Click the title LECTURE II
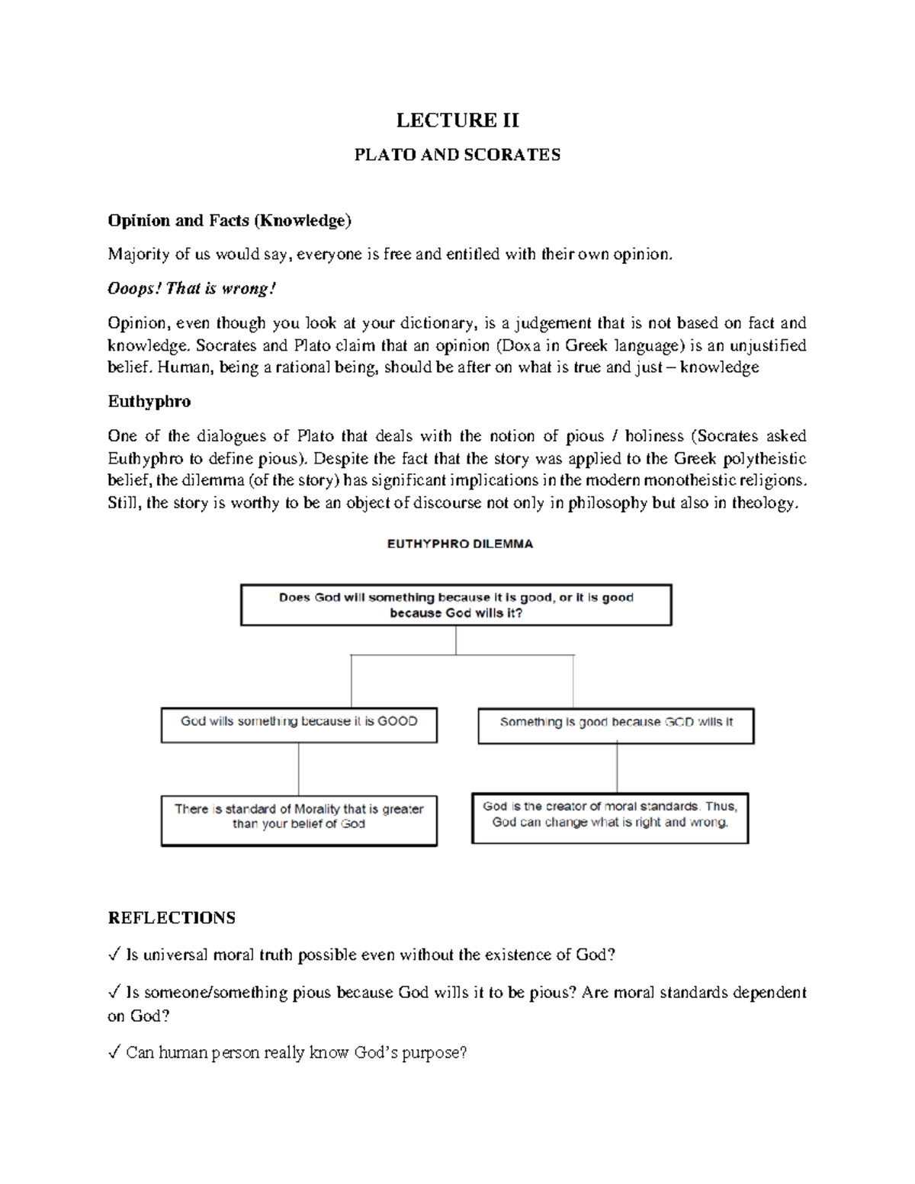coord(457,120)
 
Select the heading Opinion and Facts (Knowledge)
coord(230,221)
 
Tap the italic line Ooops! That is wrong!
coord(191,289)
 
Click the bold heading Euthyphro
coord(149,402)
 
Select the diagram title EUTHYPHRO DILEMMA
coord(460,544)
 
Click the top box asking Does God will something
coord(456,605)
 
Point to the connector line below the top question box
coord(456,640)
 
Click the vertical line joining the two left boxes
coord(299,769)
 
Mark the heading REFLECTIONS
coord(172,918)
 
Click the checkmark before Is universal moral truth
coord(114,955)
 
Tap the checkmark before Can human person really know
coord(114,1054)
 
